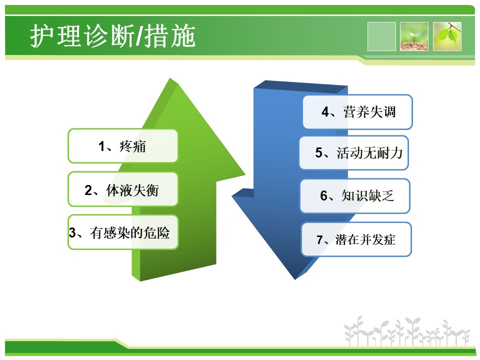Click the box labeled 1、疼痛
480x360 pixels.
click(123, 146)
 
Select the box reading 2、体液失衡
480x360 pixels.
click(123, 189)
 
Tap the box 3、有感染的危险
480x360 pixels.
click(123, 232)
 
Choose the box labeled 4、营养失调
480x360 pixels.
click(357, 112)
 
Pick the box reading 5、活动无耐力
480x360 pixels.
click(354, 153)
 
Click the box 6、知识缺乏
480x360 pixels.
click(355, 196)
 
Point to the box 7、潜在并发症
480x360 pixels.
click(356, 239)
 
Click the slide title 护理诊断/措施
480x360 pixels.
click(112, 36)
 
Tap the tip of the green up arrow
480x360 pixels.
click(170, 78)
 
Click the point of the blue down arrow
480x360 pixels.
click(295, 279)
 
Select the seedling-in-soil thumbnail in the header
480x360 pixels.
click(414, 36)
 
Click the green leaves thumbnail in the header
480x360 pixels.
click(447, 36)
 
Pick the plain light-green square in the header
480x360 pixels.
click(381, 36)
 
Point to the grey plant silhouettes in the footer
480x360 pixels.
click(407, 331)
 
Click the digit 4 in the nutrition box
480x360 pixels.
click(325, 112)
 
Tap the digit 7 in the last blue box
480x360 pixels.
click(320, 239)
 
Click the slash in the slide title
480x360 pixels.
click(139, 36)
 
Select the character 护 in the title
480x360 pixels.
click(41, 36)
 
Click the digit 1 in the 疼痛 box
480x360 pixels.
click(101, 146)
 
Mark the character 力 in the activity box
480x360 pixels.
click(396, 153)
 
